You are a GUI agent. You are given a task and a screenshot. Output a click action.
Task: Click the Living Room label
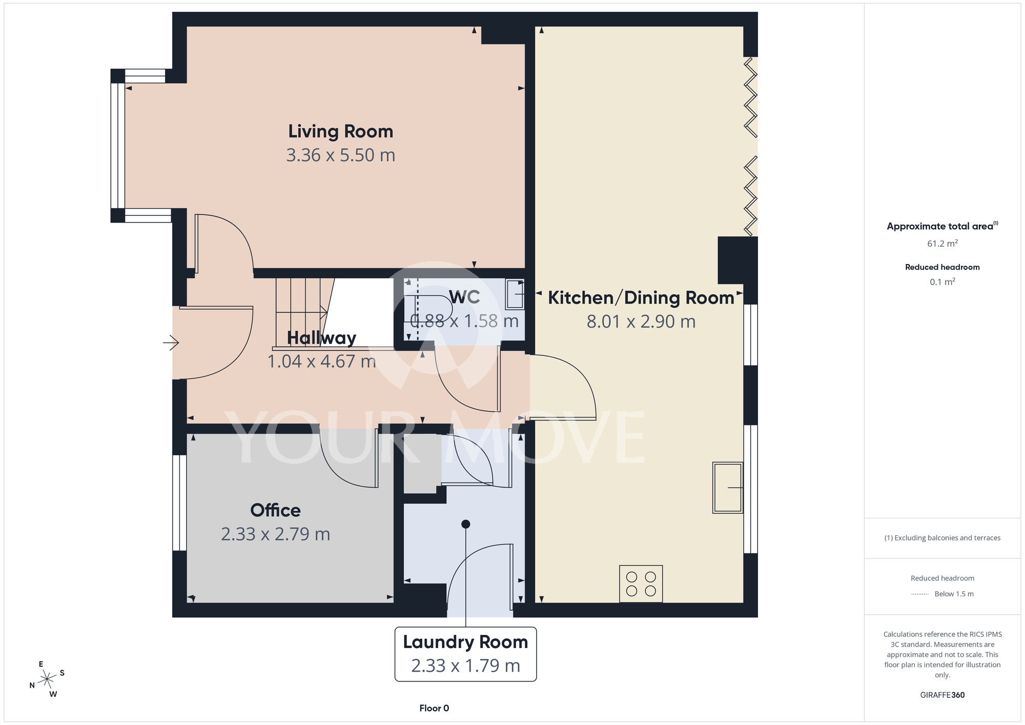(341, 132)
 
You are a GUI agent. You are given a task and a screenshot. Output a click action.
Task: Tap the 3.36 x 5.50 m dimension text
(341, 155)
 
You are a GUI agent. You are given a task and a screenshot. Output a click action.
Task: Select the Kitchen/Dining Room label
(641, 298)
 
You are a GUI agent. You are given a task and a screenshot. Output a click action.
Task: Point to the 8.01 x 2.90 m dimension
(641, 321)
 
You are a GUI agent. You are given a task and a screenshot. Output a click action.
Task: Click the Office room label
(275, 510)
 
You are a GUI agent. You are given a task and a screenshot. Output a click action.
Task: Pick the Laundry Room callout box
(465, 654)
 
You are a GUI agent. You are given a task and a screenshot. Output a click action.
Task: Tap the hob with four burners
(641, 583)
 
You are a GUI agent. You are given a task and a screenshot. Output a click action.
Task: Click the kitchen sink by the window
(728, 488)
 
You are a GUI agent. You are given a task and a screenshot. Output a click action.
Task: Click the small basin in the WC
(515, 294)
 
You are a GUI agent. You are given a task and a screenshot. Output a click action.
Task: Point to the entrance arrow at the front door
(171, 342)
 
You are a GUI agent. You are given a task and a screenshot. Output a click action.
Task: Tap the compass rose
(47, 679)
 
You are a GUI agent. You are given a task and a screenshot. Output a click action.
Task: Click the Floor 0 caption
(434, 708)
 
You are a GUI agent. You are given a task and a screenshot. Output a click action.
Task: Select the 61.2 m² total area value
(942, 244)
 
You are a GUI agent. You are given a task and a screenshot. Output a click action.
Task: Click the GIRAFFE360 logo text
(942, 695)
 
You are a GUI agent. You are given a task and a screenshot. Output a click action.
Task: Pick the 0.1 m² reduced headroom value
(942, 281)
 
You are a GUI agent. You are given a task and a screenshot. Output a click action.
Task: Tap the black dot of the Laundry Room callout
(465, 524)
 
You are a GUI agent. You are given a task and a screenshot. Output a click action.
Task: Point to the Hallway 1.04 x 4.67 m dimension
(322, 361)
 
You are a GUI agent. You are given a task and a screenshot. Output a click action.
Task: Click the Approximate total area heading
(942, 226)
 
